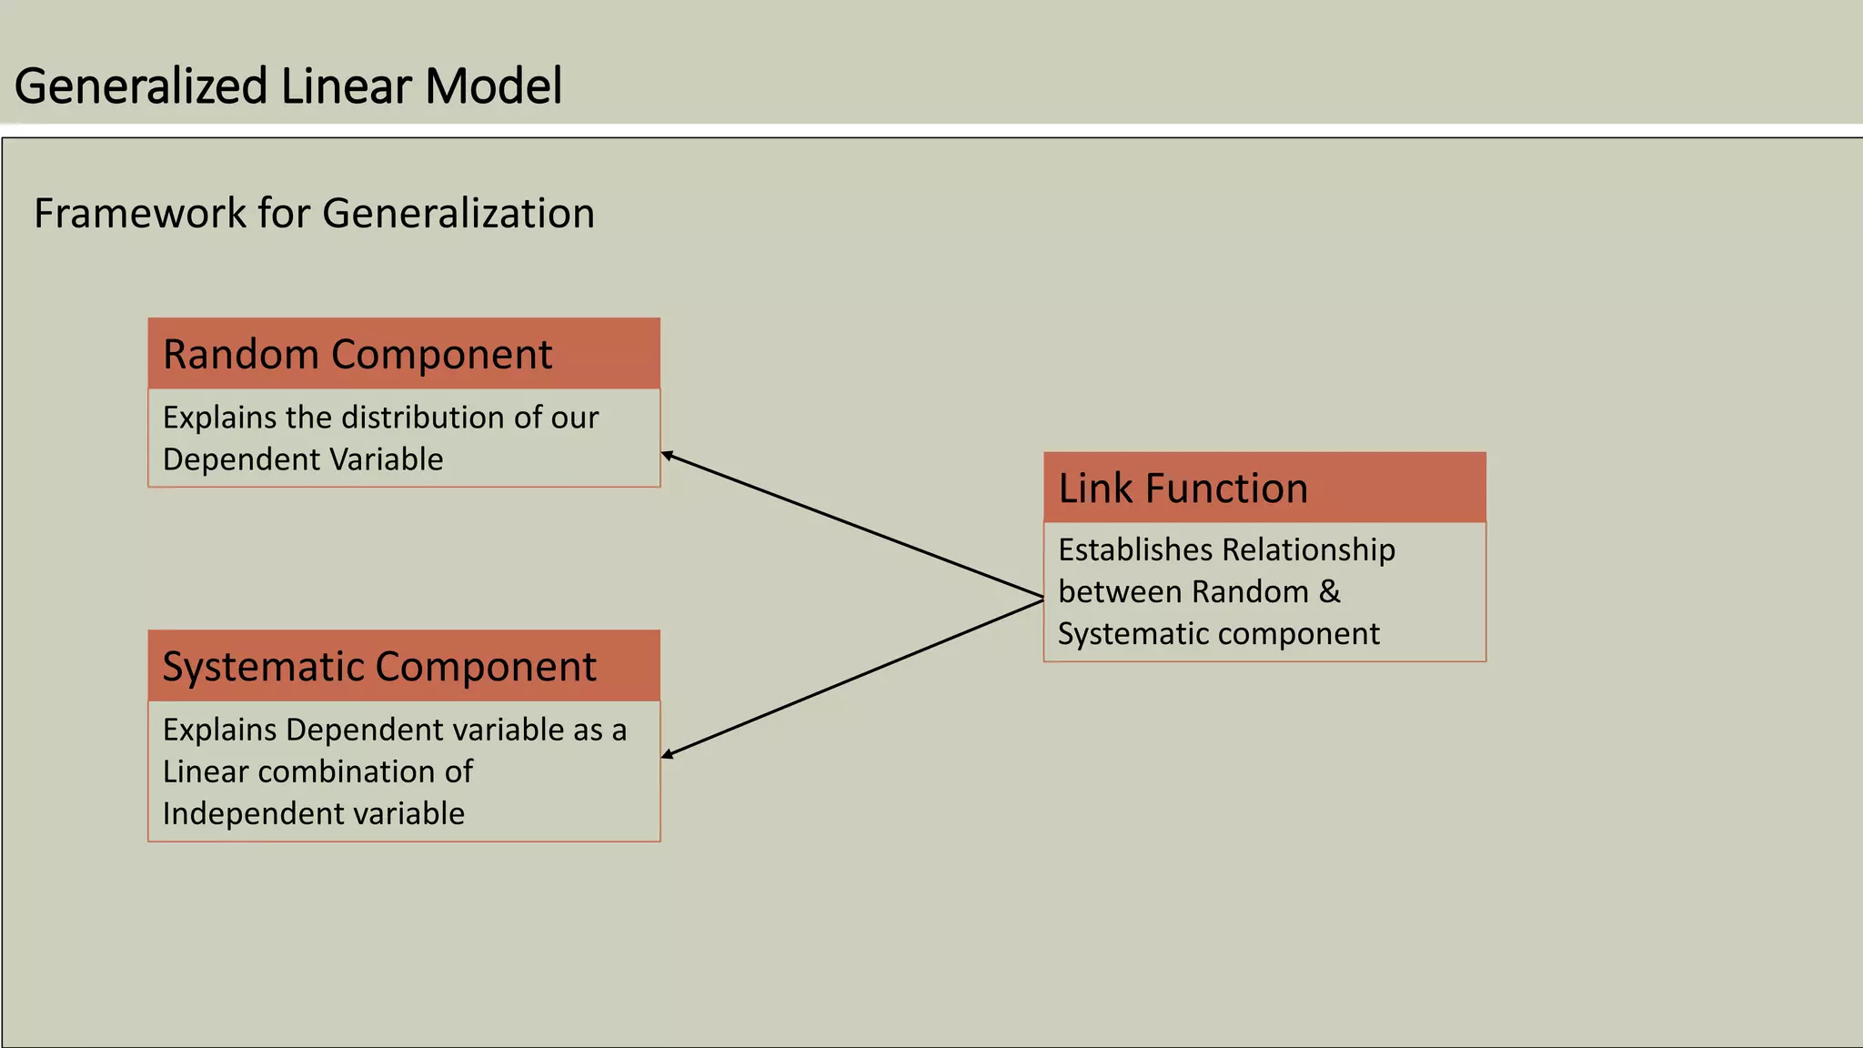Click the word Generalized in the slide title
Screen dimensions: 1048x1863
pyautogui.click(x=140, y=87)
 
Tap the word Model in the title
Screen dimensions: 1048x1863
pyautogui.click(x=493, y=87)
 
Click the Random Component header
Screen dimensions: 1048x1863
pyautogui.click(x=357, y=354)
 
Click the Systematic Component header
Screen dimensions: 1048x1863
pyautogui.click(x=379, y=667)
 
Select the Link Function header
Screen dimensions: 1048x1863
pyautogui.click(x=1183, y=489)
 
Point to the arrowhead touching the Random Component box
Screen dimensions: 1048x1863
pyautogui.click(x=667, y=454)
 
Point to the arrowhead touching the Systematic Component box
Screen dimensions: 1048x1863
pyautogui.click(x=667, y=754)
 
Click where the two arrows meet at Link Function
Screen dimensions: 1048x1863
pyautogui.click(x=1042, y=599)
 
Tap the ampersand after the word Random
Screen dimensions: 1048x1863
pyautogui.click(x=1329, y=591)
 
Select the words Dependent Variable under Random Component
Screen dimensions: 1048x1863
pyautogui.click(x=303, y=459)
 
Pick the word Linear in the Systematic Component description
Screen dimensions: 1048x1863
pyautogui.click(x=205, y=771)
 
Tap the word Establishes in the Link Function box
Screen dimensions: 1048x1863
pyautogui.click(x=1135, y=549)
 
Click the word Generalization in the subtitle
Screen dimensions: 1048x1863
pyautogui.click(x=458, y=214)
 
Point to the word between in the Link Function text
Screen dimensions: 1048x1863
pyautogui.click(x=1119, y=591)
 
